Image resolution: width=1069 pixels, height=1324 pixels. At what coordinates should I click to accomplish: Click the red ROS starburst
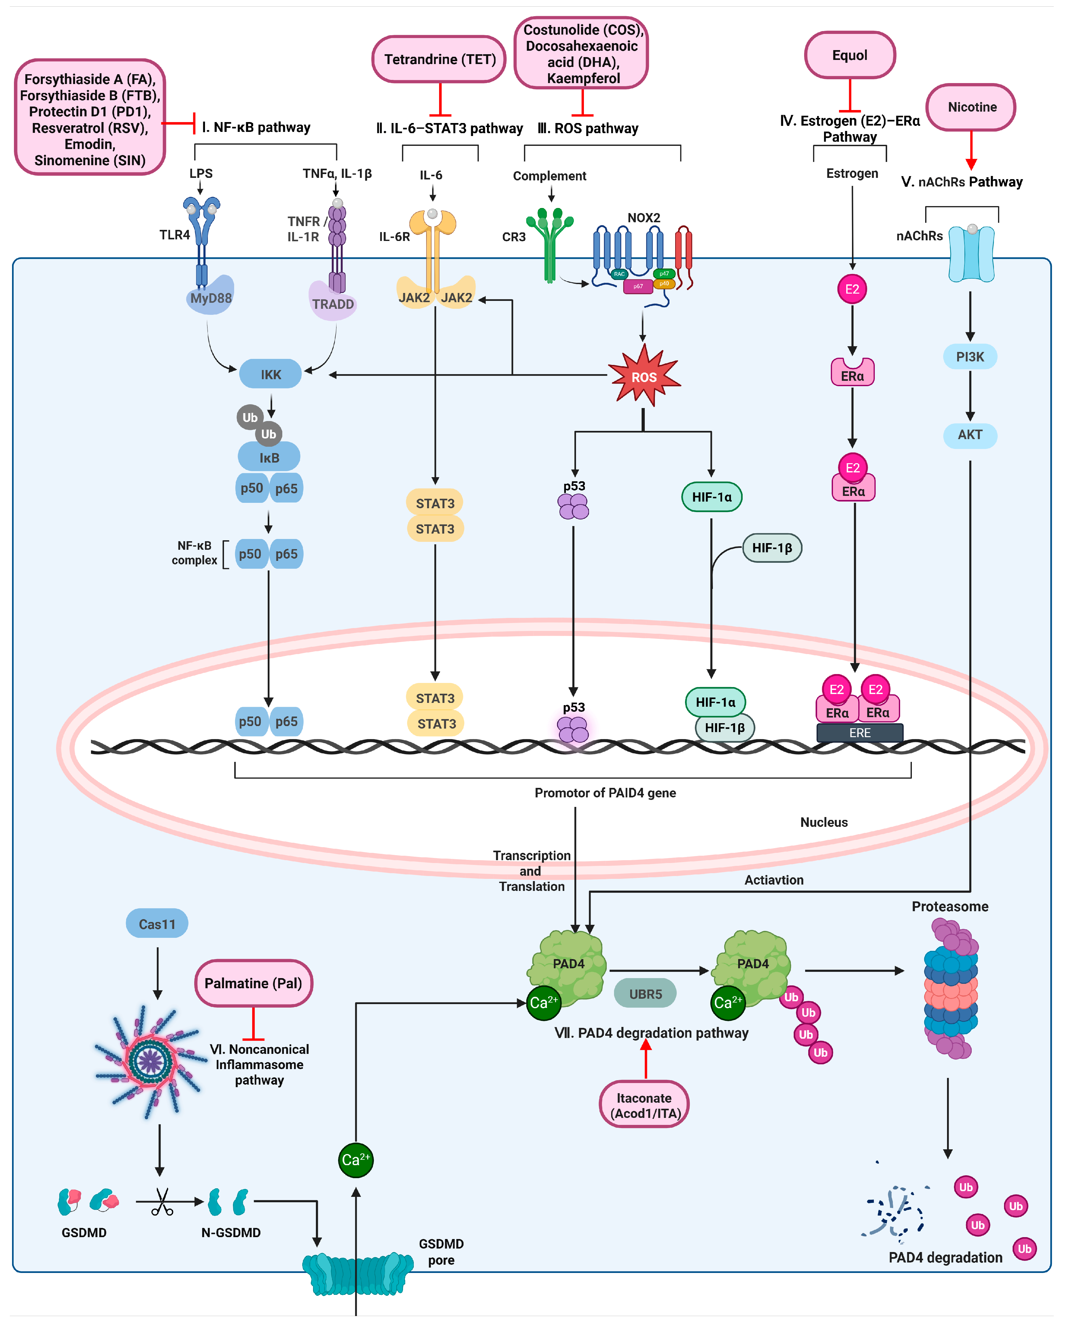point(643,376)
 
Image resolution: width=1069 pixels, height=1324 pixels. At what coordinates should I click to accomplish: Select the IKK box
point(270,374)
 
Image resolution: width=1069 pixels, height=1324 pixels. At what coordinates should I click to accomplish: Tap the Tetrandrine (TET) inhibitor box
point(439,59)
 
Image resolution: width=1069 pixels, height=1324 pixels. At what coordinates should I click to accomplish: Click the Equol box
point(850,55)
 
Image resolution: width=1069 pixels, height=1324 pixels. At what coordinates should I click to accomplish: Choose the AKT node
point(970,435)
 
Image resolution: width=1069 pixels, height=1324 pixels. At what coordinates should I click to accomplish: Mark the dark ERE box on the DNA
point(860,732)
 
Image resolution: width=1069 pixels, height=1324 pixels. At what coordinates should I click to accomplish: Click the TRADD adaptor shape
point(333,301)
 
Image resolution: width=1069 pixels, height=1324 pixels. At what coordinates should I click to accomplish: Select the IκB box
point(269,457)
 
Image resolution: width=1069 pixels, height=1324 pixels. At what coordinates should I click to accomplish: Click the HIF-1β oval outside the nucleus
point(772,548)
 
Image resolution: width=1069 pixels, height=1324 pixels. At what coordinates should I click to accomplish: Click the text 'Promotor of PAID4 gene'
point(605,793)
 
